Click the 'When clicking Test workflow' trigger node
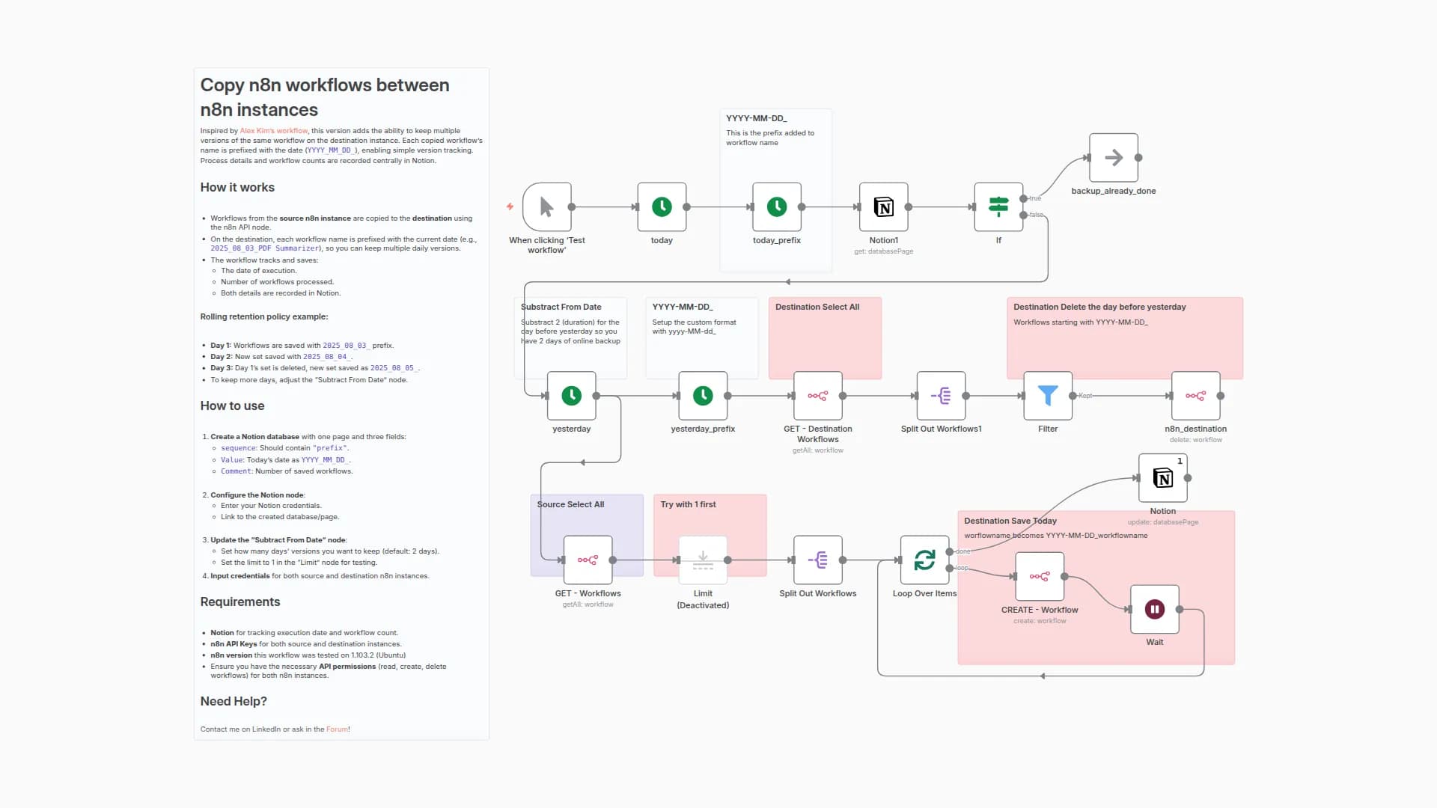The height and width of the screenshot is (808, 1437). pos(547,207)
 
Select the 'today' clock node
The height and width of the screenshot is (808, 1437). pos(662,207)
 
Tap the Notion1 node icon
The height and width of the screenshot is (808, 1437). pos(884,207)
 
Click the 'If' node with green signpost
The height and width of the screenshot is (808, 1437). pos(998,207)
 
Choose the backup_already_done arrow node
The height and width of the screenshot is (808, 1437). pos(1114,158)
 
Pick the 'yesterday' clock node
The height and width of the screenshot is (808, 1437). pos(572,396)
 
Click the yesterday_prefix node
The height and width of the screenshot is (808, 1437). pos(703,396)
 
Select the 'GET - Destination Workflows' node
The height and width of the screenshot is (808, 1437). pos(818,396)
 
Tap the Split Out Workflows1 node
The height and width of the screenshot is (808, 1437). pos(941,396)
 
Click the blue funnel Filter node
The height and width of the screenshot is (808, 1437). pos(1048,396)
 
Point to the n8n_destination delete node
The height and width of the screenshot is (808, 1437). pos(1195,396)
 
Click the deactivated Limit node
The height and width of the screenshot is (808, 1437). pos(703,560)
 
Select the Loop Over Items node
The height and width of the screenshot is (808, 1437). pos(924,560)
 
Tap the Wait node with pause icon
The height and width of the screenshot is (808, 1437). pos(1154,609)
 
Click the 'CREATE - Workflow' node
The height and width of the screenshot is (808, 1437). pos(1040,576)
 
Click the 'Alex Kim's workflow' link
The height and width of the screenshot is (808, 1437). pos(273,131)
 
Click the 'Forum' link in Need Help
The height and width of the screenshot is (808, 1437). pos(337,729)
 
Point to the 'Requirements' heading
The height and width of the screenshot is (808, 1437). pos(240,602)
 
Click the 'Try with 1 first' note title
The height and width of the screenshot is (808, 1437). pos(688,505)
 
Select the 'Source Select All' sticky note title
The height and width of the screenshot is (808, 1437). pos(570,505)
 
